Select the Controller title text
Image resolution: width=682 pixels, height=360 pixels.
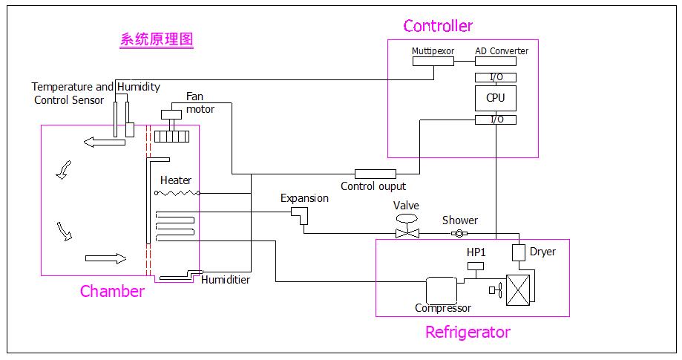click(x=438, y=26)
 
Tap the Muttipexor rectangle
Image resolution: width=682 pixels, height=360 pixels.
click(x=433, y=61)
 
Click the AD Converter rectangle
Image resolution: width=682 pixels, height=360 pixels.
click(x=502, y=61)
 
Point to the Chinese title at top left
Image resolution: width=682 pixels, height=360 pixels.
click(x=157, y=40)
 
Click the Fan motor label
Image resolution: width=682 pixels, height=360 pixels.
click(x=200, y=103)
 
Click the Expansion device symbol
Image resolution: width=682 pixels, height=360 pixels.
click(x=301, y=215)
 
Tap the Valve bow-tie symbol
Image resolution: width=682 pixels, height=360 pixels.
click(x=407, y=233)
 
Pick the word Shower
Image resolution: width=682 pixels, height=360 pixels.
click(x=460, y=220)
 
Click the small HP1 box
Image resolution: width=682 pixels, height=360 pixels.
click(x=476, y=266)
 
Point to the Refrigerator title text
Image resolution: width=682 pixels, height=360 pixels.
click(x=468, y=332)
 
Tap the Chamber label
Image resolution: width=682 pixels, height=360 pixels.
click(x=112, y=292)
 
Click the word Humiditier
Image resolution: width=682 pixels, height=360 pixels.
click(x=226, y=280)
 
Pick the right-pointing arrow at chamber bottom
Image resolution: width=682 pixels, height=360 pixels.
click(x=106, y=258)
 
